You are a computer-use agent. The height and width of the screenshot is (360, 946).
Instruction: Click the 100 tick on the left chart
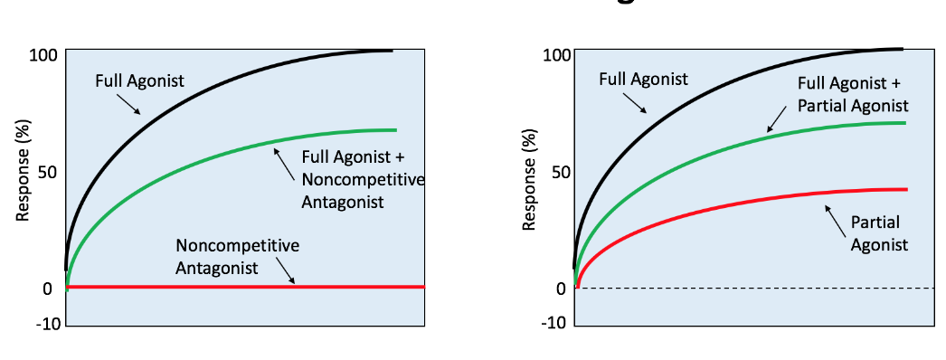[x=43, y=55]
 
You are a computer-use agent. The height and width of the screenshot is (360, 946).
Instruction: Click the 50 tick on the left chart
[x=48, y=172]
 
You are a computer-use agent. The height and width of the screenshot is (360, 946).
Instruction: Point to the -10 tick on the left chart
[x=45, y=323]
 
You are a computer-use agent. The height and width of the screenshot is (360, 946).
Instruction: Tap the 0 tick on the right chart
[x=561, y=289]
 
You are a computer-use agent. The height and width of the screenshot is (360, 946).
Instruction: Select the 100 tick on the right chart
[x=554, y=55]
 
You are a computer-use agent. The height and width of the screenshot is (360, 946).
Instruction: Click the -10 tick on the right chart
[x=554, y=323]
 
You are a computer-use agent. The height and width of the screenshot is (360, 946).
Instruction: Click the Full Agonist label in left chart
[x=139, y=81]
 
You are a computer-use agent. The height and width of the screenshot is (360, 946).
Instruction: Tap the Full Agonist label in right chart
[x=643, y=79]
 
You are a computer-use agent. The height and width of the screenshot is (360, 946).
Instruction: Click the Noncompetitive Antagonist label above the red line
[x=237, y=256]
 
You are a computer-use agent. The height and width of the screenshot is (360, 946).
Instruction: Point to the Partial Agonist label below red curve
[x=879, y=232]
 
